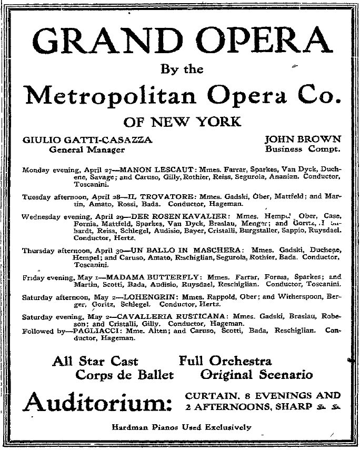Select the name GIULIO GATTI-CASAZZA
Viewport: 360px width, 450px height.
pyautogui.click(x=87, y=140)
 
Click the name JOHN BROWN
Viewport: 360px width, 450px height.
pyautogui.click(x=303, y=140)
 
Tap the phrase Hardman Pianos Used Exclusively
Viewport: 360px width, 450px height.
pyautogui.click(x=182, y=427)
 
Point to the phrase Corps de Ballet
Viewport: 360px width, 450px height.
pyautogui.click(x=125, y=375)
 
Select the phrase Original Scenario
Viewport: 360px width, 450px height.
pyautogui.click(x=256, y=375)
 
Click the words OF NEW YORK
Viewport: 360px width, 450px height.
pyautogui.click(x=182, y=122)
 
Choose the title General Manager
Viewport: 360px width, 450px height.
pyautogui.click(x=87, y=149)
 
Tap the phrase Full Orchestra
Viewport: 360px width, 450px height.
pyautogui.click(x=225, y=361)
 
